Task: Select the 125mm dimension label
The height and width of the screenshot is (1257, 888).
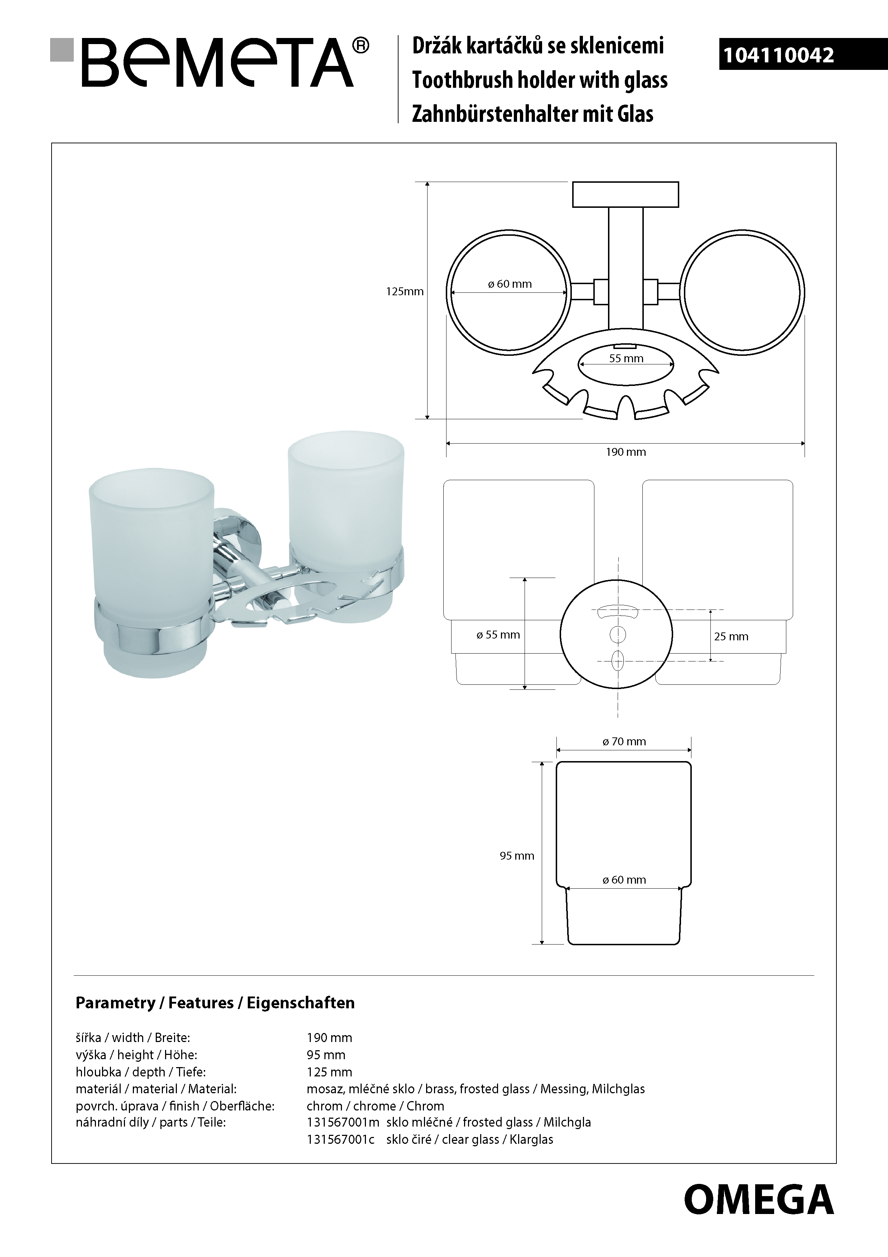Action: tap(405, 292)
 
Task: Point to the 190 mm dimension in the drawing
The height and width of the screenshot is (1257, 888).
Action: tap(626, 451)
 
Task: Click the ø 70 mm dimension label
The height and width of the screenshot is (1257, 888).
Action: tap(624, 741)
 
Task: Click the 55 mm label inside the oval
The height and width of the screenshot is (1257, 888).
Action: tap(627, 359)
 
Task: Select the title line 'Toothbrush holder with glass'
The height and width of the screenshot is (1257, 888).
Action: tap(540, 80)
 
